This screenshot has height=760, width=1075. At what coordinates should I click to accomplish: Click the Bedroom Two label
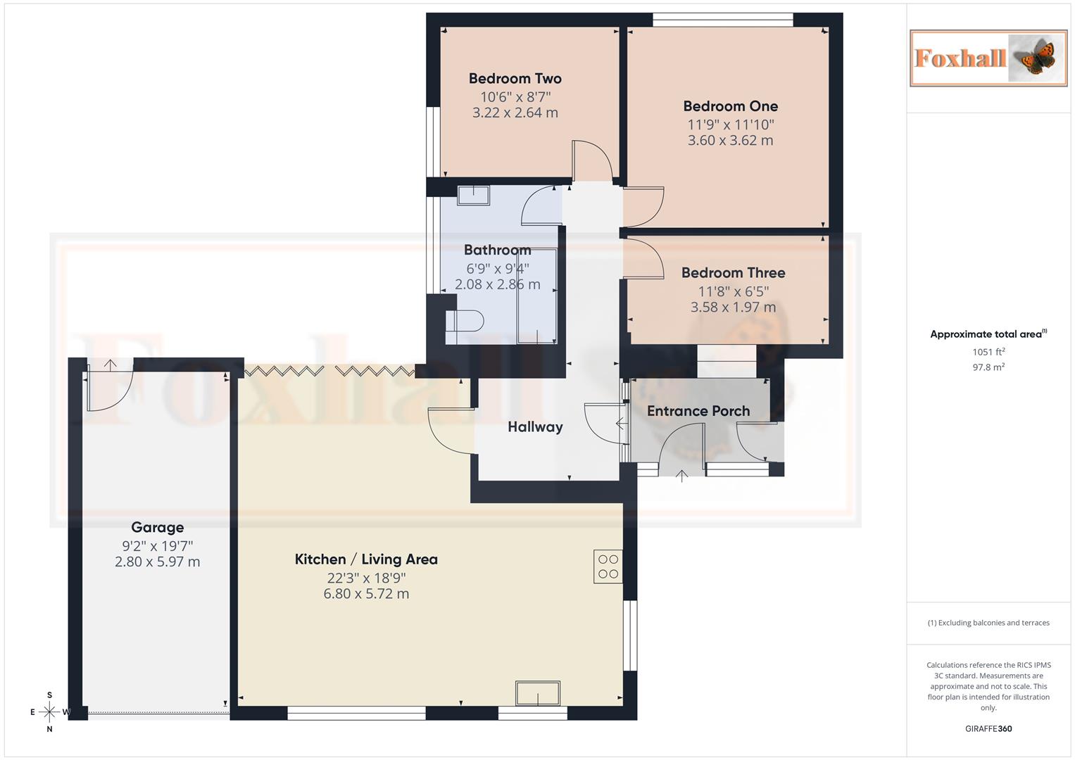(x=515, y=79)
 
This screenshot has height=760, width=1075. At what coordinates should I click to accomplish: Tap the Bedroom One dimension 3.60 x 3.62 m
(x=730, y=141)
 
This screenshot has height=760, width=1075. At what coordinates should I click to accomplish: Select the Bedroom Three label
(x=733, y=273)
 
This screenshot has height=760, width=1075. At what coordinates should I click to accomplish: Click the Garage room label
(x=157, y=528)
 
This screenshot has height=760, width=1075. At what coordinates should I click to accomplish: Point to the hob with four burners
(x=608, y=566)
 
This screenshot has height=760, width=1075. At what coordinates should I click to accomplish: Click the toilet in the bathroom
(x=466, y=322)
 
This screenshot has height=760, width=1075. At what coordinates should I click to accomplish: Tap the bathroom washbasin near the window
(x=473, y=195)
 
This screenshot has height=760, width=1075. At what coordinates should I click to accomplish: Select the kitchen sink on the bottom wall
(x=538, y=693)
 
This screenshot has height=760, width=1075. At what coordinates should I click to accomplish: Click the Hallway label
(x=535, y=427)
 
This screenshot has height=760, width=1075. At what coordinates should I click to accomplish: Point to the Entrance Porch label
(x=698, y=411)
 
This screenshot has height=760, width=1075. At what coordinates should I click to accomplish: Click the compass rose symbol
(x=49, y=712)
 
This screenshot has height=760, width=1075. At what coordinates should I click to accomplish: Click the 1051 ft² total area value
(x=988, y=352)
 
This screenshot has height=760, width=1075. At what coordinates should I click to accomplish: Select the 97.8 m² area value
(x=988, y=367)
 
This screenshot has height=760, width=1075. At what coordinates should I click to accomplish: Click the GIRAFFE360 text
(x=988, y=729)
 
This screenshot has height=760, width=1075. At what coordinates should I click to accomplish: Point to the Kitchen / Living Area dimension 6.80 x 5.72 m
(x=366, y=594)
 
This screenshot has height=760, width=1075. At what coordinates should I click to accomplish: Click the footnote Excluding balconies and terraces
(x=988, y=623)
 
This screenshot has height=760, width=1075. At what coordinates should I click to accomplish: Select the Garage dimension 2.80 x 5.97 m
(x=157, y=562)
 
